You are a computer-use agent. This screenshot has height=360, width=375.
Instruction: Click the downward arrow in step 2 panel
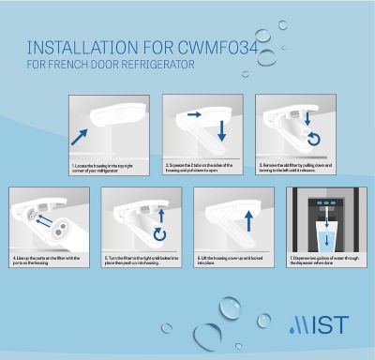click(x=222, y=132)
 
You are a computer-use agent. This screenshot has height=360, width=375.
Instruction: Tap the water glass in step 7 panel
click(x=323, y=235)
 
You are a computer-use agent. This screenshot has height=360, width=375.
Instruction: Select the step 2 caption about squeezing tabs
click(x=202, y=168)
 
